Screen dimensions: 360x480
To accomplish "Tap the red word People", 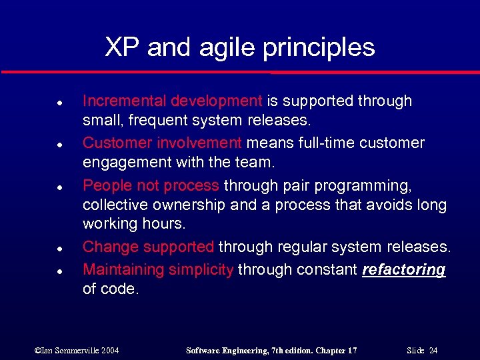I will [103, 185].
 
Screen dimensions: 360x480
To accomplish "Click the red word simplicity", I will [201, 269].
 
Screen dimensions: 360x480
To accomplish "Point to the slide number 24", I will [433, 350].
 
